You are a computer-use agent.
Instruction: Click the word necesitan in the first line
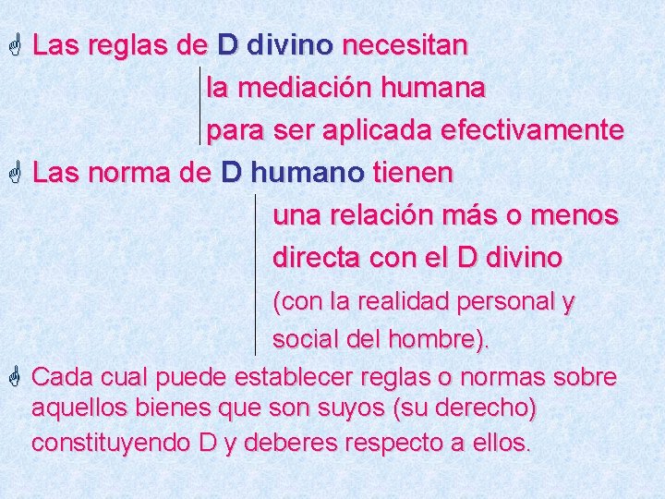tap(405, 45)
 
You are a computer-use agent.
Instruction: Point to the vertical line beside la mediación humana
tap(200, 104)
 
